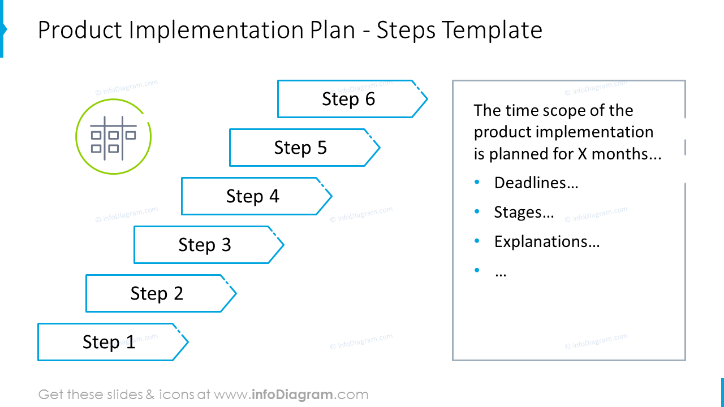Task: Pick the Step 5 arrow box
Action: tap(300, 148)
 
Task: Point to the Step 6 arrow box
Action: tap(348, 99)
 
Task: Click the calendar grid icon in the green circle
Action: tap(113, 136)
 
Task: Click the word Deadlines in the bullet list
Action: tap(536, 183)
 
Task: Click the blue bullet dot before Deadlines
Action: tap(477, 182)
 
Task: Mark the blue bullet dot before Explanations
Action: tap(477, 241)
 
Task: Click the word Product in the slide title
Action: tap(80, 30)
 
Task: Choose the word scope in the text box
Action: tap(555, 110)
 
